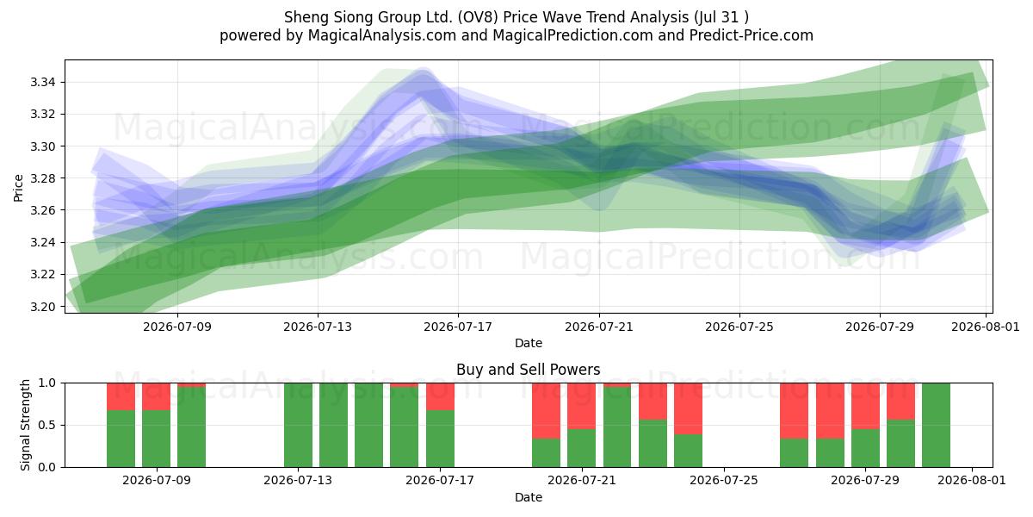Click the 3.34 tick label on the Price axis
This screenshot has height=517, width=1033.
(x=42, y=83)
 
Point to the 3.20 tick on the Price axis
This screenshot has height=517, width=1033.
(x=42, y=307)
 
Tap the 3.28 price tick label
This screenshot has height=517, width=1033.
(x=42, y=178)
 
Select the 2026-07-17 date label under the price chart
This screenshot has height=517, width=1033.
(x=458, y=327)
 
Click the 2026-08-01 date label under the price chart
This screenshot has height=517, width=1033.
(x=986, y=327)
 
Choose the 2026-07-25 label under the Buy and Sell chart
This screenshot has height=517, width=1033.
(x=724, y=481)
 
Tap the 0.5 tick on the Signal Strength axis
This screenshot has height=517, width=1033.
(x=46, y=425)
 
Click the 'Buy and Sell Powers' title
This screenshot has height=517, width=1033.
(x=529, y=370)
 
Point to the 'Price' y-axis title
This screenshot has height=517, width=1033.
(x=18, y=188)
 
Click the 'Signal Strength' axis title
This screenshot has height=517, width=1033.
(x=25, y=425)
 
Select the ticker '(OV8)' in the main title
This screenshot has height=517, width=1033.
(x=476, y=17)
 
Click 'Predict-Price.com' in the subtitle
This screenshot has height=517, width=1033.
(x=752, y=35)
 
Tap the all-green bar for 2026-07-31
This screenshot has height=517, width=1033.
(x=937, y=425)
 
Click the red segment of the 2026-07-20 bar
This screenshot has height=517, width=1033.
(x=547, y=411)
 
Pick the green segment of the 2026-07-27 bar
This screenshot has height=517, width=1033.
(x=794, y=453)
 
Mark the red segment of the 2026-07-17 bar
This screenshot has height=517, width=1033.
(x=440, y=396)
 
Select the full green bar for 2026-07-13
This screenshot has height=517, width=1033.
(x=299, y=425)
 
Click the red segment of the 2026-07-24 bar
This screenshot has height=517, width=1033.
(x=688, y=408)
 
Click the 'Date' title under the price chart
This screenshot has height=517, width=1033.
(x=529, y=343)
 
